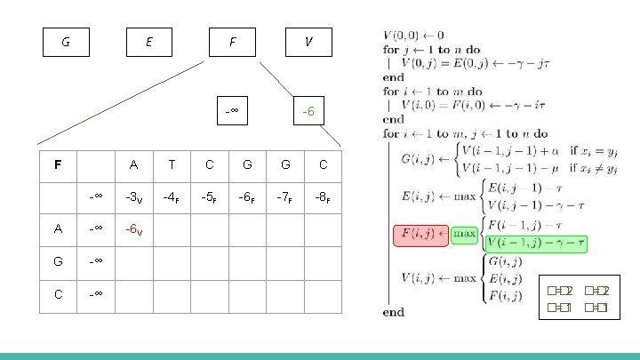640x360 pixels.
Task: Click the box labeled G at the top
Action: coord(67,42)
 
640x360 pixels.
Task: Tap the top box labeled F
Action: coord(232,42)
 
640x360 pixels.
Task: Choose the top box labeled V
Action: coord(308,42)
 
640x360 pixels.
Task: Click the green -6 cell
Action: coord(308,111)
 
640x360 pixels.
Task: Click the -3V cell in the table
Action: coord(133,196)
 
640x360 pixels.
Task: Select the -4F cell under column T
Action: coord(171,196)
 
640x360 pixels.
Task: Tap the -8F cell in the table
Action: coord(323,196)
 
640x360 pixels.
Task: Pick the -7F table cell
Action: coord(284,196)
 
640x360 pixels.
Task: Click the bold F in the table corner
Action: coord(58,164)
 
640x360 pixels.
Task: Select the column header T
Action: coord(171,164)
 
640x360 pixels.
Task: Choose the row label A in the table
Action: coord(58,228)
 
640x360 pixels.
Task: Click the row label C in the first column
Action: coord(58,294)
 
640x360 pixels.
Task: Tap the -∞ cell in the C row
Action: coord(95,294)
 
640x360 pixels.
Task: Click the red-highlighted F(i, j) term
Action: coord(420,236)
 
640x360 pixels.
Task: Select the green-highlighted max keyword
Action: coord(467,235)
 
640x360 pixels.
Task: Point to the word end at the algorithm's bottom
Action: coord(393,312)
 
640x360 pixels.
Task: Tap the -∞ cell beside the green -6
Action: coord(232,111)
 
